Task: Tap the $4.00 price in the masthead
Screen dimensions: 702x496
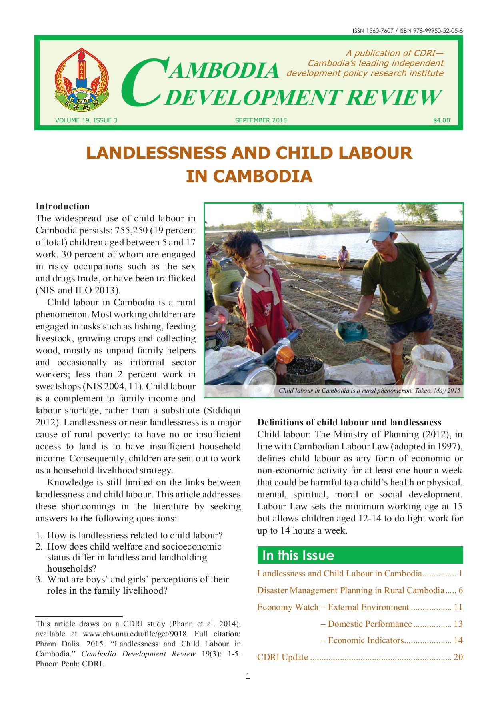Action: (x=441, y=120)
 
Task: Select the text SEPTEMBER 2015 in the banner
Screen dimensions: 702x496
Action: (x=261, y=120)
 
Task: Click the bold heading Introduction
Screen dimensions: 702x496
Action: (x=62, y=206)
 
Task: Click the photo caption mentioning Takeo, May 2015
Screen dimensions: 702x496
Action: (x=370, y=391)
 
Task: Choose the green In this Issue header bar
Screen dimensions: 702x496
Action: (x=360, y=555)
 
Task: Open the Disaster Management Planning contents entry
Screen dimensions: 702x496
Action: (x=351, y=590)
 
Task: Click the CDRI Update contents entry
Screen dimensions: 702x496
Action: (x=283, y=657)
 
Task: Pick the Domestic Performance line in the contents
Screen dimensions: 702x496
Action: (x=370, y=624)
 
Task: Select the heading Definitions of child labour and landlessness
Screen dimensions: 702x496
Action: (x=349, y=422)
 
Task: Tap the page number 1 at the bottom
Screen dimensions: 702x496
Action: (x=248, y=677)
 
